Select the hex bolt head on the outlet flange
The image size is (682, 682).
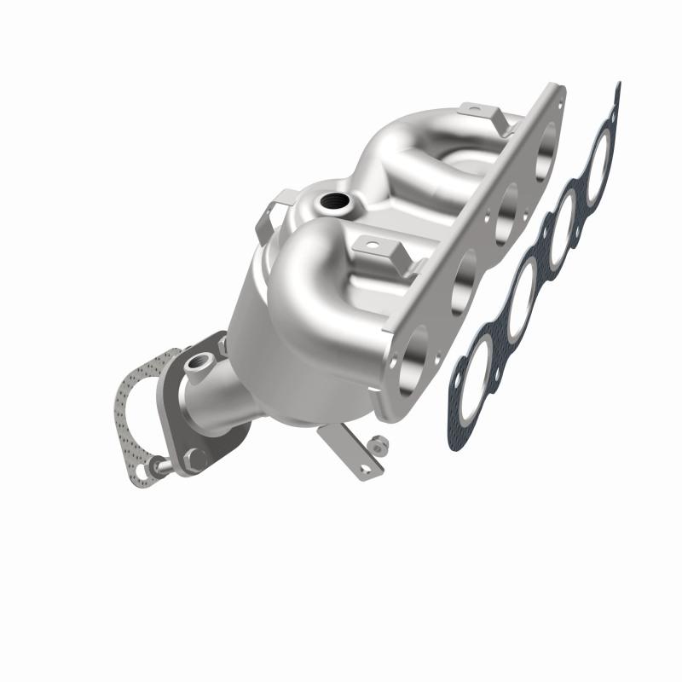click(193, 459)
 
